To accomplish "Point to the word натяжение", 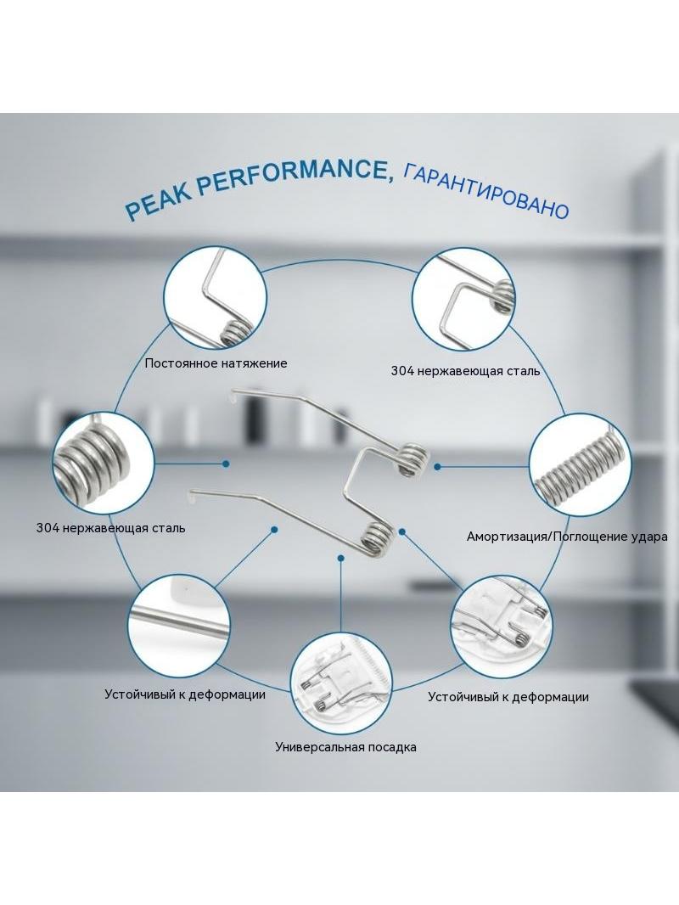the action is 256,363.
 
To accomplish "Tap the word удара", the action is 651,537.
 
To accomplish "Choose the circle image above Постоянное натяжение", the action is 215,298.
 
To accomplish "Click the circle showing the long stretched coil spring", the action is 580,465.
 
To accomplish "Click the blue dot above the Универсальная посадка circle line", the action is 341,558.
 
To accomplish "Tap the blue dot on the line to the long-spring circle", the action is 438,466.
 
